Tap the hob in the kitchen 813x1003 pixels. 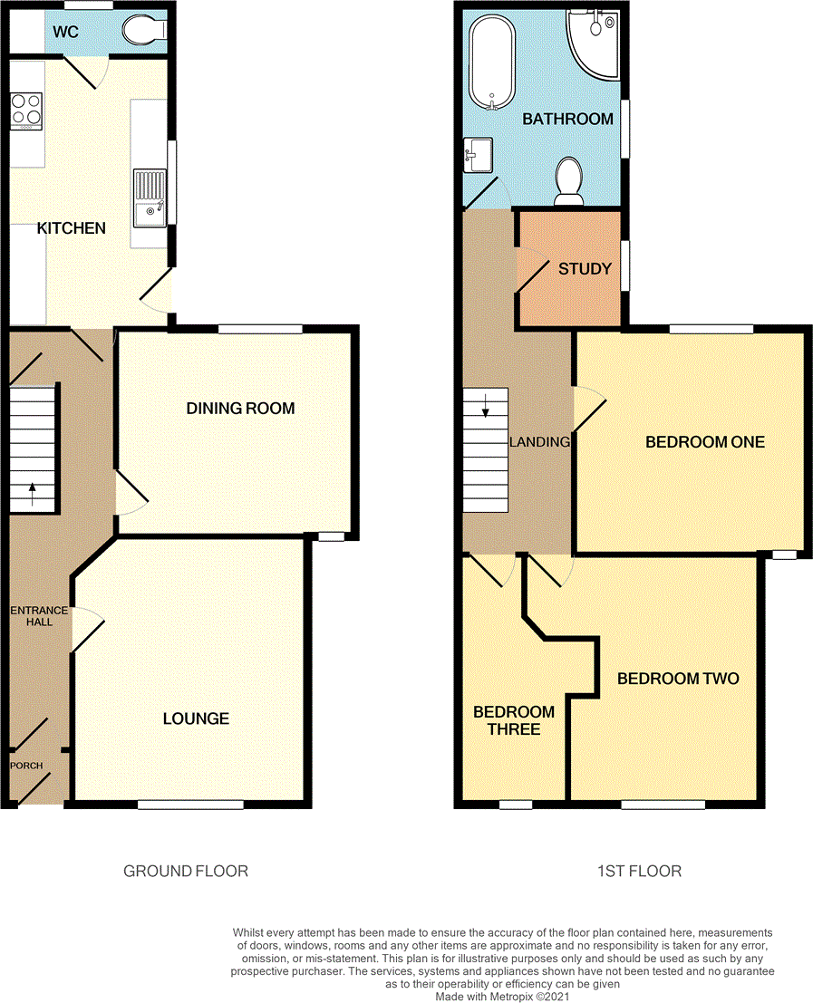point(26,111)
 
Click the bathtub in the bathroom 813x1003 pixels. point(491,62)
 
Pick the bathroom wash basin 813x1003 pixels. point(477,153)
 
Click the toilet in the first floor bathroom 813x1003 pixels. point(569,178)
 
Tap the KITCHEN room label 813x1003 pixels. point(71,228)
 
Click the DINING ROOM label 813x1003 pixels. point(240,409)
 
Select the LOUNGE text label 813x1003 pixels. point(196,718)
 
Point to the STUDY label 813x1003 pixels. point(579,269)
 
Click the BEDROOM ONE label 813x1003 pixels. point(704,442)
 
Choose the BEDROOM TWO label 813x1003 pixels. point(678,679)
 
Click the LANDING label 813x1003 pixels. point(539,442)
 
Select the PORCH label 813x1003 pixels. point(26,766)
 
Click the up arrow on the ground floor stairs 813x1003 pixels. point(34,495)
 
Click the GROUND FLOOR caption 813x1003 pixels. point(186,872)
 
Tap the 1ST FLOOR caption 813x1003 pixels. point(639,872)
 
